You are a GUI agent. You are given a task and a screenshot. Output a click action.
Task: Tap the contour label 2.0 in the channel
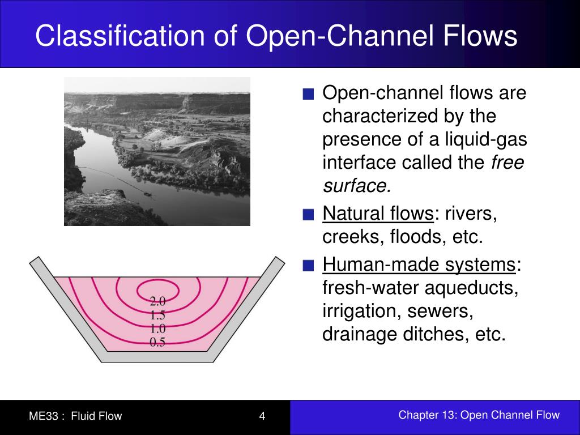(157, 301)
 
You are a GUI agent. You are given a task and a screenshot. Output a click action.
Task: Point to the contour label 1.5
(157, 314)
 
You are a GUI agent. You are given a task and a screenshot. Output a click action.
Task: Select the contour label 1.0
(157, 328)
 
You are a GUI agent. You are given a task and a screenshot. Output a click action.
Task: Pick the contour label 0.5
(157, 342)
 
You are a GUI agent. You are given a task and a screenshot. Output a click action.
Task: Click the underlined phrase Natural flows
(378, 214)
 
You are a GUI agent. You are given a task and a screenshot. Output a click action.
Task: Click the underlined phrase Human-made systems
(419, 265)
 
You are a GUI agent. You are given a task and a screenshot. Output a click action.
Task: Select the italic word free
(507, 163)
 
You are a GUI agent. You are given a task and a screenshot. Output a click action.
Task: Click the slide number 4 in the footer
(262, 416)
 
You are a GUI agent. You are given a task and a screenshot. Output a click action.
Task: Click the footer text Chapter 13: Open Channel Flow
(479, 415)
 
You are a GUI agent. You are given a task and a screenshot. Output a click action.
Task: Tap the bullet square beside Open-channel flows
(308, 94)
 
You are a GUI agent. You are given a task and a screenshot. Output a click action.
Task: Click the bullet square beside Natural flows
(308, 215)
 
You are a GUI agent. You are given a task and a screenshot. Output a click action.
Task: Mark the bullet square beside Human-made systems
(308, 266)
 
